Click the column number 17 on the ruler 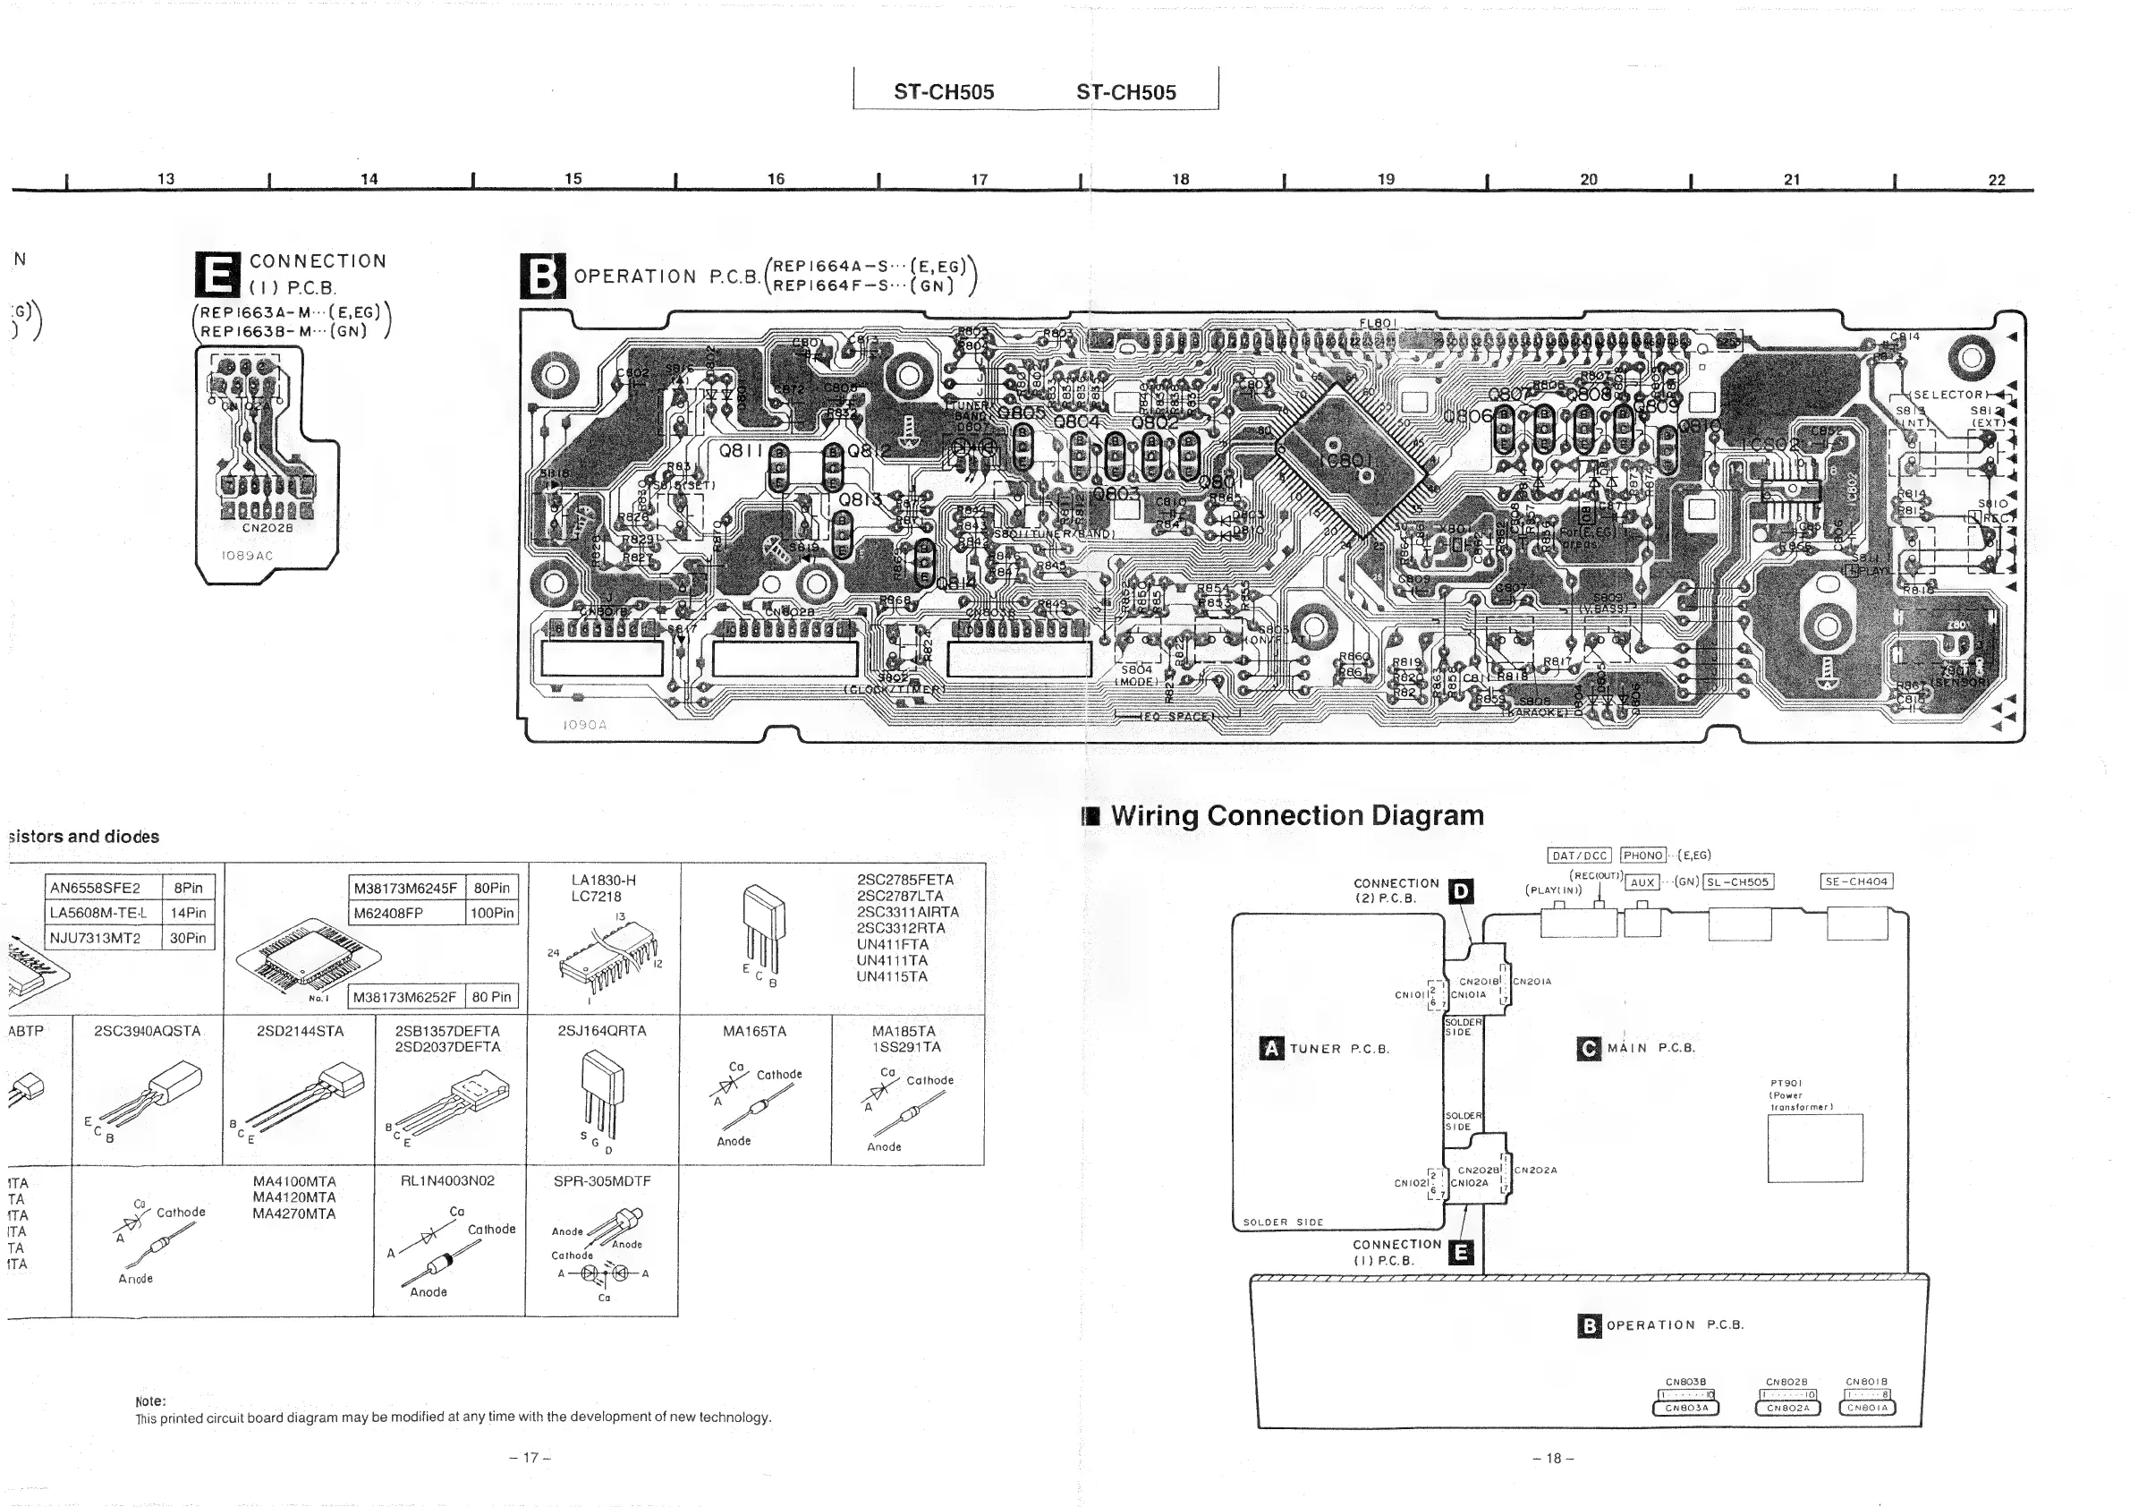click(x=979, y=179)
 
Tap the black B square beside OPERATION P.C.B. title click(x=542, y=276)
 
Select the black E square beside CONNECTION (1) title click(x=218, y=274)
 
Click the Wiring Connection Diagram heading click(x=1296, y=815)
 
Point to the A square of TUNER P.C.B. click(x=1271, y=1049)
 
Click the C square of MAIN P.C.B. click(x=1588, y=1049)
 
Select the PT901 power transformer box click(x=1814, y=1148)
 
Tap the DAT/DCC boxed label click(x=1579, y=856)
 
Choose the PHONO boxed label click(x=1643, y=856)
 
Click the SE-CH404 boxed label click(x=1855, y=881)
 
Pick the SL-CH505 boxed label click(x=1738, y=881)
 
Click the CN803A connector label click(x=1685, y=1408)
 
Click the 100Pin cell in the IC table click(x=492, y=913)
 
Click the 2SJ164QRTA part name click(x=602, y=1031)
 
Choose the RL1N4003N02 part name click(x=447, y=1181)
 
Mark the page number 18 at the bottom click(x=1553, y=1458)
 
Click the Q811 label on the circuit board click(x=741, y=451)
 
